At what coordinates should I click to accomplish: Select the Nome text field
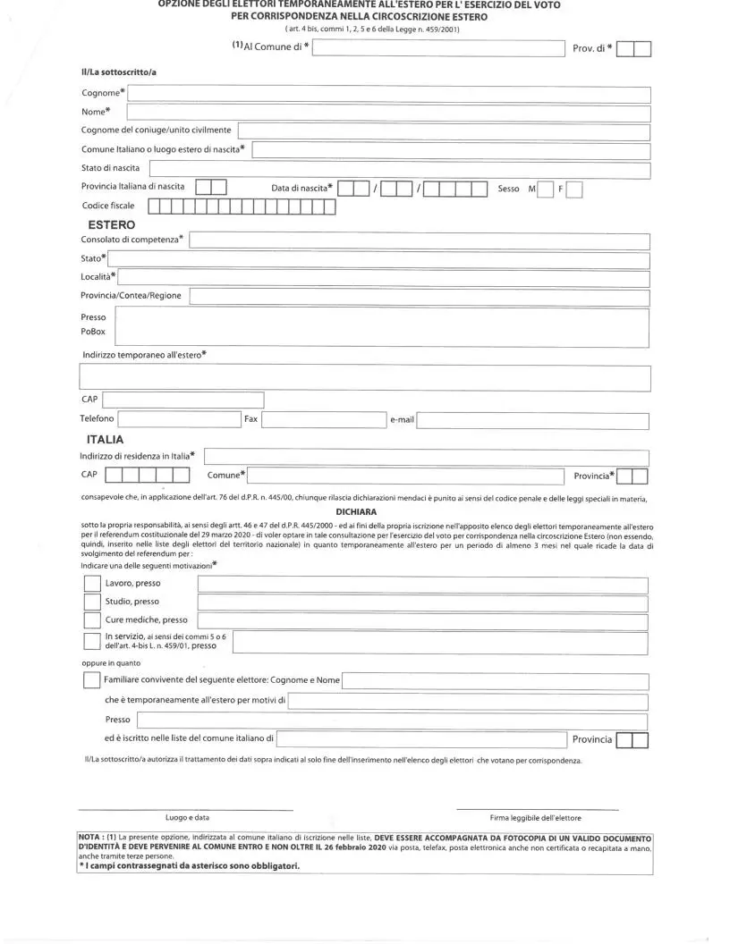coord(388,113)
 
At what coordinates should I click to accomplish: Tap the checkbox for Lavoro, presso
coord(92,583)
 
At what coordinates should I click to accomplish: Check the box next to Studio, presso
coord(92,602)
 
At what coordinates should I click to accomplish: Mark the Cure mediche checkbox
coord(92,620)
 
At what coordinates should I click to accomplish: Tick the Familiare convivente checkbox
coord(92,680)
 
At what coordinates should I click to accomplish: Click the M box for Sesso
coord(545,189)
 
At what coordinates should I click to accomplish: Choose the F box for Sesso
coord(574,189)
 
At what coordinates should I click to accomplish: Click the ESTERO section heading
coord(111,225)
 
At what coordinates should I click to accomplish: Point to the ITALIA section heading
coord(105,440)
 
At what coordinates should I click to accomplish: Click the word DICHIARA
coord(356,511)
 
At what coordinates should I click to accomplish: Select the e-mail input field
coord(533,420)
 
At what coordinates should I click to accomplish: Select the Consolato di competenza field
coord(419,240)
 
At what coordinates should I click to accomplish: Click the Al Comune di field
coord(438,49)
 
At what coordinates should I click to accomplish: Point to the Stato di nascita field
coord(399,169)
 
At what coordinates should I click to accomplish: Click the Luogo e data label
coord(188,817)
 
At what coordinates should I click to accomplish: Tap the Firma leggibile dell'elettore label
coord(535,817)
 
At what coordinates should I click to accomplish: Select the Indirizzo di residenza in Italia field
coord(426,457)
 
